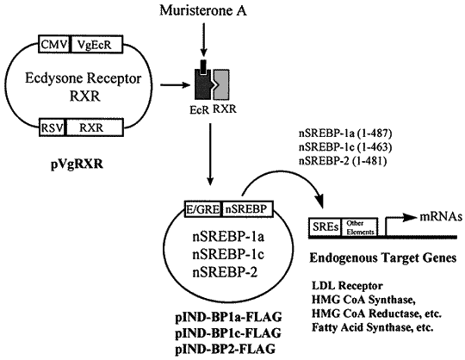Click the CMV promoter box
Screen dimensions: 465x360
[54, 45]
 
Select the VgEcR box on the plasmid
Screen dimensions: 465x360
[96, 45]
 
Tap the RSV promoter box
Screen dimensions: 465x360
[53, 127]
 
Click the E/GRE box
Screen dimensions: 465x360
[203, 209]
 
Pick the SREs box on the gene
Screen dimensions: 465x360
[325, 227]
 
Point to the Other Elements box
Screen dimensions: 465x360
[360, 227]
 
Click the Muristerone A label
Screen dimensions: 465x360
[203, 10]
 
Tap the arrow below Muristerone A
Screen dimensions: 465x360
[203, 40]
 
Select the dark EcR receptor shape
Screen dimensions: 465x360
[203, 84]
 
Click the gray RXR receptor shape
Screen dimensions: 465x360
[222, 84]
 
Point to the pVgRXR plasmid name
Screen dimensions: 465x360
[77, 164]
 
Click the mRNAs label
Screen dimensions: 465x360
[441, 217]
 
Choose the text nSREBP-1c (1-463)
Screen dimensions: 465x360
[345, 147]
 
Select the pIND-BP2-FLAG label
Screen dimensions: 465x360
[225, 349]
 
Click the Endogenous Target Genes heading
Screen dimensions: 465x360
[383, 258]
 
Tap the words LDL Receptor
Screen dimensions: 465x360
[347, 286]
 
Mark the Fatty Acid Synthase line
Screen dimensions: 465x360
[373, 327]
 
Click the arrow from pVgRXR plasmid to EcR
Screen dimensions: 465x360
[176, 85]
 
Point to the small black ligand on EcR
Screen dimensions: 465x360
[203, 66]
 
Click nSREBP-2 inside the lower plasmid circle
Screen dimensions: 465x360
[225, 272]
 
